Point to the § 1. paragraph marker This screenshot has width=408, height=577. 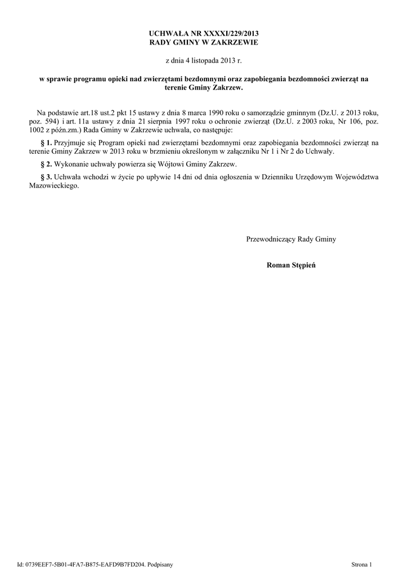pyautogui.click(x=47, y=143)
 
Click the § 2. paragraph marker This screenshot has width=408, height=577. pyautogui.click(x=47, y=164)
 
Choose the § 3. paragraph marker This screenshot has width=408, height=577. pyautogui.click(x=47, y=177)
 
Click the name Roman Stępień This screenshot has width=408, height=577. pyautogui.click(x=291, y=265)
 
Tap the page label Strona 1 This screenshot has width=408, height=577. pyautogui.click(x=362, y=564)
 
